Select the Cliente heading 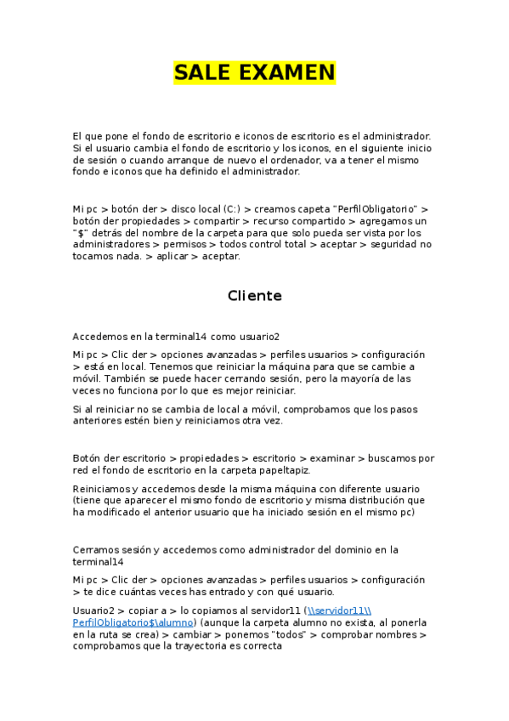(254, 296)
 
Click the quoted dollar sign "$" (82, 232)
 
